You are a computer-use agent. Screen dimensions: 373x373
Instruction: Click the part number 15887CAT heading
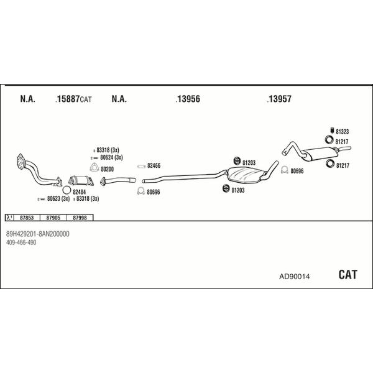pos(73,99)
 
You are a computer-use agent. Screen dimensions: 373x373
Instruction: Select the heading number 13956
pos(188,99)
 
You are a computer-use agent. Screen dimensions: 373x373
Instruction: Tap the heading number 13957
pos(280,99)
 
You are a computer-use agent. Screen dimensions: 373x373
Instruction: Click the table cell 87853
pos(27,218)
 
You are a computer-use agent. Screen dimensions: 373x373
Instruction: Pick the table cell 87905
pos(53,218)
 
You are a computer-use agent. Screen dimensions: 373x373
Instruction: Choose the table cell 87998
pos(79,218)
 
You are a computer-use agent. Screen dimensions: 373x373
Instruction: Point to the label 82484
pos(80,192)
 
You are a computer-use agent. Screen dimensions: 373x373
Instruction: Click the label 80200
pos(107,168)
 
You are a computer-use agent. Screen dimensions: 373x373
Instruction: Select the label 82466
pos(154,165)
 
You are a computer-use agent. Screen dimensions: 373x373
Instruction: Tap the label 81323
pos(343,132)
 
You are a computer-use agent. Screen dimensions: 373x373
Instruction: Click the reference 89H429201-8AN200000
pos(37,234)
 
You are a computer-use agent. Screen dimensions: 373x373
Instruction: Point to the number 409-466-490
pos(21,242)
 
